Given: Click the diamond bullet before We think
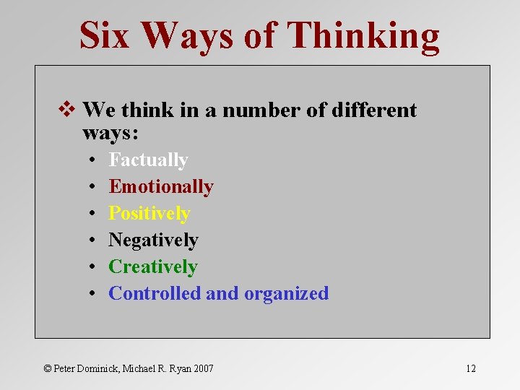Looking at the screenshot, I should click(x=71, y=110).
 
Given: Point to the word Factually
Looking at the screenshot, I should click(x=148, y=160).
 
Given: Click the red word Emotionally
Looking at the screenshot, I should click(x=161, y=186).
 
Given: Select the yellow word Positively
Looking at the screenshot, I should click(x=149, y=213).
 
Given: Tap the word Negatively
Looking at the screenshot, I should click(x=153, y=240).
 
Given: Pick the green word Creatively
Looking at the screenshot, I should click(x=152, y=266).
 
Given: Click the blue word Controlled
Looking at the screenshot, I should click(x=155, y=293).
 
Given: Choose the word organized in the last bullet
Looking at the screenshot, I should click(x=286, y=294).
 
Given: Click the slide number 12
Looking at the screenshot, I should click(x=470, y=368).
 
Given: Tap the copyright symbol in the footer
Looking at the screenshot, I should click(x=48, y=368).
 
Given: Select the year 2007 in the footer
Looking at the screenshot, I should click(x=202, y=368).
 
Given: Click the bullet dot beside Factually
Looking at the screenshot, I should click(x=94, y=160).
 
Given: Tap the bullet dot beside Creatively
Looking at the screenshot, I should click(x=94, y=267).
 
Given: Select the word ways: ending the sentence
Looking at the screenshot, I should click(x=110, y=134).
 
